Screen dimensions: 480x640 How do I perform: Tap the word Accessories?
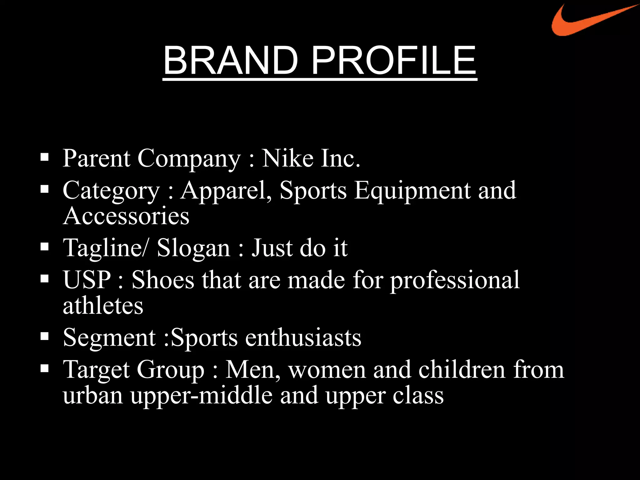126,216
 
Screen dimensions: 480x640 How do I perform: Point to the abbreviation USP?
87,279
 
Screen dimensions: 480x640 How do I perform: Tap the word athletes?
103,305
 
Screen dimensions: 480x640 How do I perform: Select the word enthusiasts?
303,337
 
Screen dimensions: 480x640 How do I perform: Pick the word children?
462,369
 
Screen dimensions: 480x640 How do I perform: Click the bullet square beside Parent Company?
45,157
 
